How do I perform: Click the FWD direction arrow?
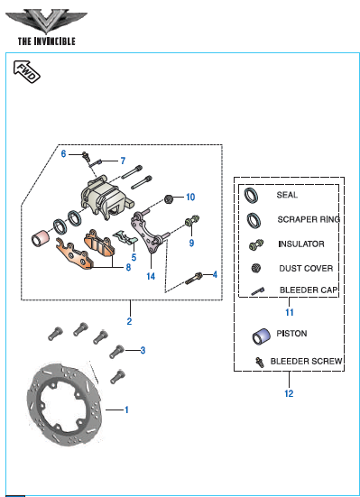pyautogui.click(x=27, y=71)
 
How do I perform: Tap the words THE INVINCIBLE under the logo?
pyautogui.click(x=47, y=41)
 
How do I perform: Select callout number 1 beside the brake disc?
pyautogui.click(x=126, y=410)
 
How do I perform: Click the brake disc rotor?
pyautogui.click(x=65, y=404)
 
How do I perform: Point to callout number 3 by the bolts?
pyautogui.click(x=143, y=350)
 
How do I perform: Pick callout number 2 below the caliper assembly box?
pyautogui.click(x=129, y=321)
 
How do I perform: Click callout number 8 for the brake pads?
pyautogui.click(x=128, y=267)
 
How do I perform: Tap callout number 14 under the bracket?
pyautogui.click(x=151, y=276)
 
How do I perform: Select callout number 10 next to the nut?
pyautogui.click(x=190, y=198)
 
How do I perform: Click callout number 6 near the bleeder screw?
pyautogui.click(x=63, y=153)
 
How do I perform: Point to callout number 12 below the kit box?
pyautogui.click(x=289, y=393)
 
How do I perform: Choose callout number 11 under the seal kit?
pyautogui.click(x=290, y=312)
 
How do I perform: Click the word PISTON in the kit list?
pyautogui.click(x=291, y=334)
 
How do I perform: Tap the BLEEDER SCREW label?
pyautogui.click(x=307, y=362)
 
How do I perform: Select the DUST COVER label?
pyautogui.click(x=306, y=269)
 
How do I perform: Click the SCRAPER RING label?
pyautogui.click(x=309, y=219)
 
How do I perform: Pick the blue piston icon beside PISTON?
pyautogui.click(x=261, y=336)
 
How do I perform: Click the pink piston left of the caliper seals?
pyautogui.click(x=41, y=238)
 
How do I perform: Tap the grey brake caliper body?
pyautogui.click(x=105, y=198)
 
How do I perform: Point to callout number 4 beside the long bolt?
pyautogui.click(x=215, y=274)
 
